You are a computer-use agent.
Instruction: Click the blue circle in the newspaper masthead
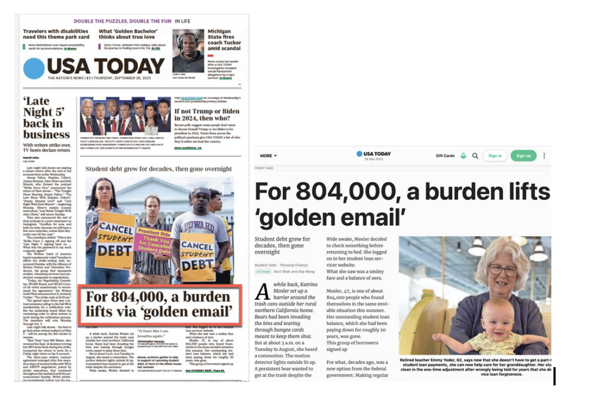tap(34, 68)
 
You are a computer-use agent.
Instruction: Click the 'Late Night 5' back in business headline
tap(47, 118)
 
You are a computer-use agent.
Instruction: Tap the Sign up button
tap(523, 155)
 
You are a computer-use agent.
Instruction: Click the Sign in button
tap(495, 155)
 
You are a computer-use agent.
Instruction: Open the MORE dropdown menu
tap(269, 155)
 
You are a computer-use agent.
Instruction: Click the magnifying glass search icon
tap(475, 155)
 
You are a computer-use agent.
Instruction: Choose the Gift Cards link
tap(445, 155)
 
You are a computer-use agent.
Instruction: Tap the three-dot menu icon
tap(544, 155)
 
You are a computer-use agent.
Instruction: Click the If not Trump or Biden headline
tap(207, 115)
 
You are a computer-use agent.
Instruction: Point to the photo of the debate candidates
tap(124, 116)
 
